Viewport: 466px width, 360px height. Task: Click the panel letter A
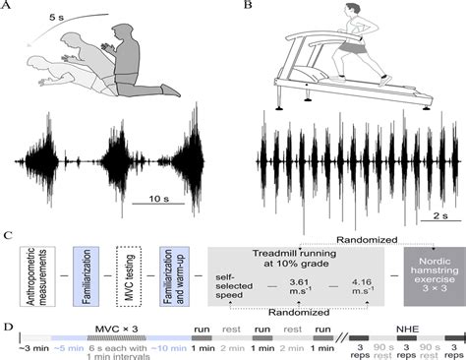[9, 10]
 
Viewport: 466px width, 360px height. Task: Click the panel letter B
[248, 10]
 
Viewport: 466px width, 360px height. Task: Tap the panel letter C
[9, 237]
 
